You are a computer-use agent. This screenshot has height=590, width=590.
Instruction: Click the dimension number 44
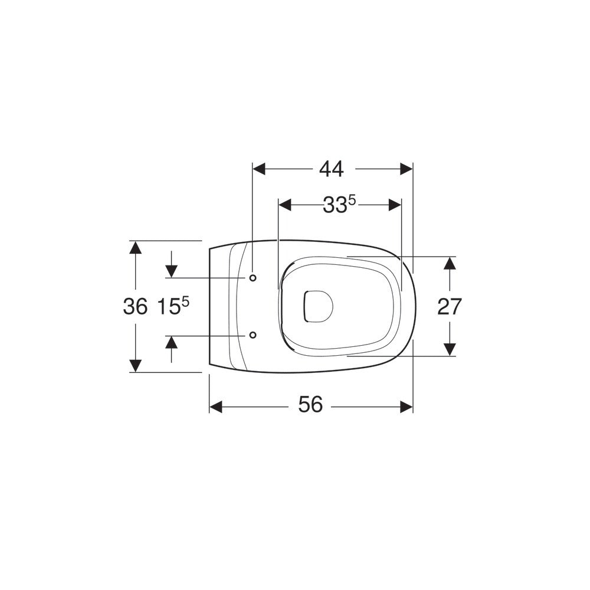tap(331, 169)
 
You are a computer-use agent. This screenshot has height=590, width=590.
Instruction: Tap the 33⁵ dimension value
tap(339, 205)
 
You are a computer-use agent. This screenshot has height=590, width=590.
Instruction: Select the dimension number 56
tap(310, 405)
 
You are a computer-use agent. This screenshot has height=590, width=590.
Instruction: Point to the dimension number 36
tap(135, 306)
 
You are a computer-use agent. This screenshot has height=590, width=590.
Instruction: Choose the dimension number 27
tap(449, 307)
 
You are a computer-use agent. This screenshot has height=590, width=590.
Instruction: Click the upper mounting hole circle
tap(253, 278)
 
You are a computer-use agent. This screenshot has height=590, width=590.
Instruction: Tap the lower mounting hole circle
tap(253, 335)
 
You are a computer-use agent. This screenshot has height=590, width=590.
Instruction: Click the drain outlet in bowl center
tap(318, 306)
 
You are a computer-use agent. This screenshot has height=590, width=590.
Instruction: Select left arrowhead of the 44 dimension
tap(259, 169)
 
